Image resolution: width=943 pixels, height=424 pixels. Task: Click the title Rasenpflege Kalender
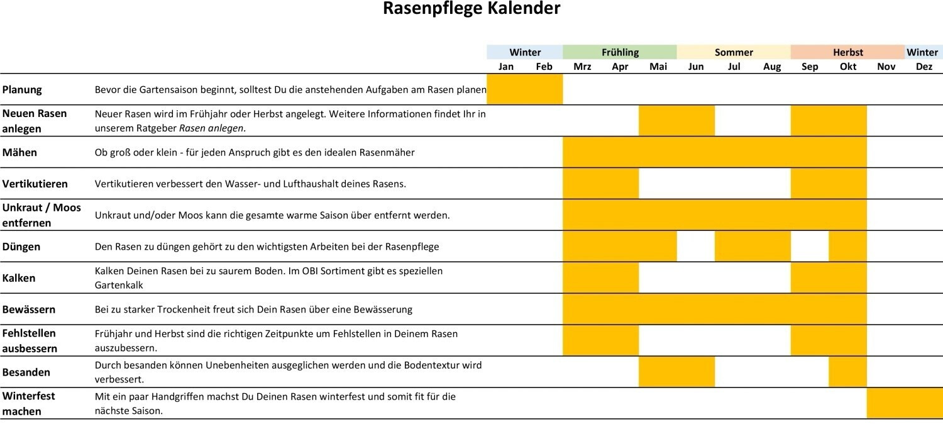tap(472, 9)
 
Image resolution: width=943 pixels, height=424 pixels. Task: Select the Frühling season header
tap(619, 52)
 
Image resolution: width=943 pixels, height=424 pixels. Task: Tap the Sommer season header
tap(734, 52)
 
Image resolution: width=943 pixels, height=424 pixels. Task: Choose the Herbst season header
tap(847, 52)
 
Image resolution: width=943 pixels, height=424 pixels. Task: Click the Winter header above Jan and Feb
tap(525, 52)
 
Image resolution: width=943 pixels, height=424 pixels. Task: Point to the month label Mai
tap(658, 67)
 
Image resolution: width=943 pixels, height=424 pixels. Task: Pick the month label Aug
tap(771, 67)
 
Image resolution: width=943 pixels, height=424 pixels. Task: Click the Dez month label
tap(924, 67)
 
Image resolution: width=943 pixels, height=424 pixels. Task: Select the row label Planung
tap(22, 89)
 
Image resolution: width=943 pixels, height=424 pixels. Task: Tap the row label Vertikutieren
tap(35, 184)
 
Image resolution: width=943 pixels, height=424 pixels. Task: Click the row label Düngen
tap(21, 247)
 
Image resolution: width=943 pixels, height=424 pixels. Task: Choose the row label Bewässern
tap(29, 310)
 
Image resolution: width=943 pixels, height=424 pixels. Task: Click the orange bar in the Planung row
tap(525, 89)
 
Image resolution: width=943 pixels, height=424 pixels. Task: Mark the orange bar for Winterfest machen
tap(905, 403)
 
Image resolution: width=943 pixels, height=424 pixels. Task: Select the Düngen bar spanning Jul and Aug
tap(753, 247)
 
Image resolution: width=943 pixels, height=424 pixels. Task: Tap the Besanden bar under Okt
tap(847, 372)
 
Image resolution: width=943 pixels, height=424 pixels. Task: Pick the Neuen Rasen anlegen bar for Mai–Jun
tap(676, 121)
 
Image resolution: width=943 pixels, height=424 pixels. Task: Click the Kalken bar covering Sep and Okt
tap(829, 278)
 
